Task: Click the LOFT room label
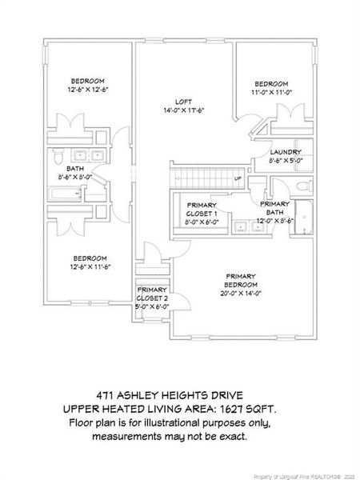click(x=184, y=101)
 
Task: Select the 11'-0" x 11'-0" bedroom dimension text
click(x=271, y=93)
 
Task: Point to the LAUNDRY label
click(x=286, y=152)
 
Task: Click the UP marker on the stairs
click(x=238, y=178)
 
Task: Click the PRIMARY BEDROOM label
click(x=241, y=279)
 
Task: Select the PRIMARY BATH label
click(x=275, y=208)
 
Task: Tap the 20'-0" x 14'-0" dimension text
click(x=241, y=294)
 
